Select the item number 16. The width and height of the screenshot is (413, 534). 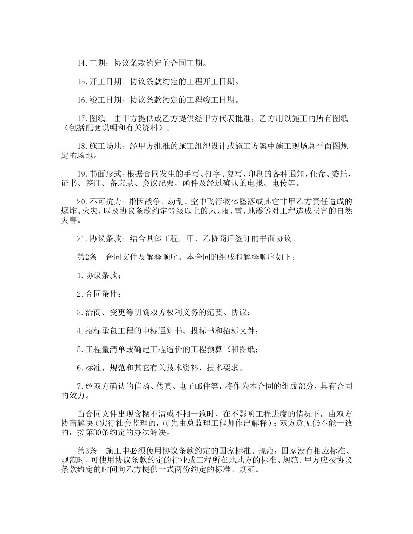(x=82, y=100)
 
